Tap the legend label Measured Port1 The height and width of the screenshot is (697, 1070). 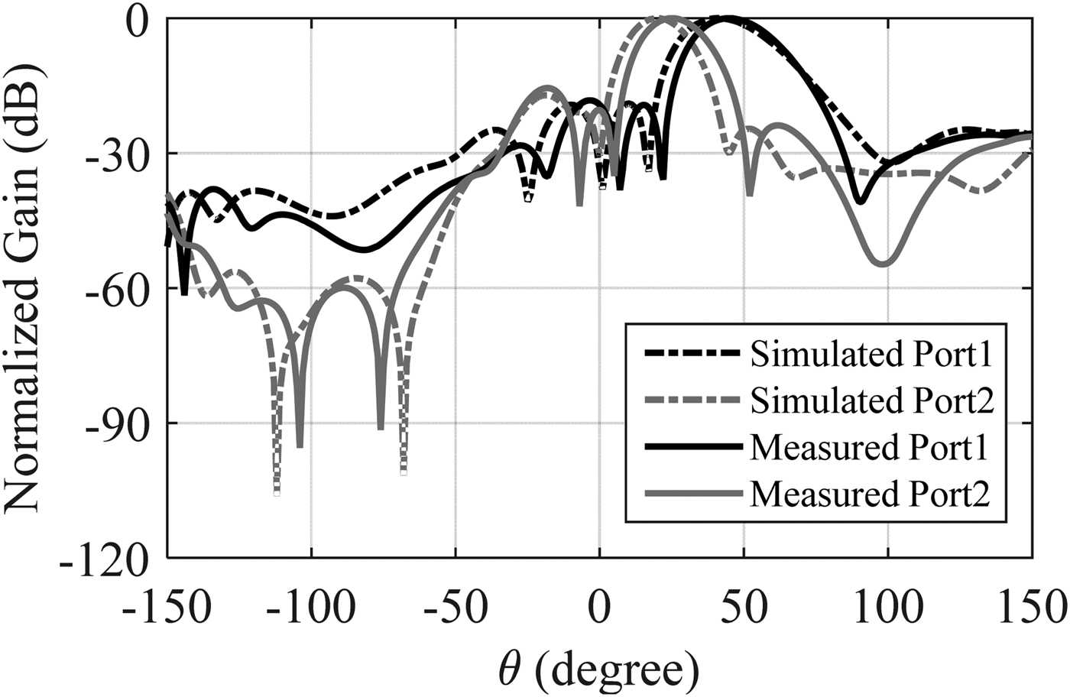870,448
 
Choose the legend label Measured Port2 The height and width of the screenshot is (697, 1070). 870,494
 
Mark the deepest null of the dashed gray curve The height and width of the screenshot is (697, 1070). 277,493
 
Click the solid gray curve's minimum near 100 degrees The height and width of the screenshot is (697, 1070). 884,264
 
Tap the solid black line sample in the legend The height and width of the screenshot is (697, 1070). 692,448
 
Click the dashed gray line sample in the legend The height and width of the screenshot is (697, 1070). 692,400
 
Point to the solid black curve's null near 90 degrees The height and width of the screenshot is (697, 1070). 860,202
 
